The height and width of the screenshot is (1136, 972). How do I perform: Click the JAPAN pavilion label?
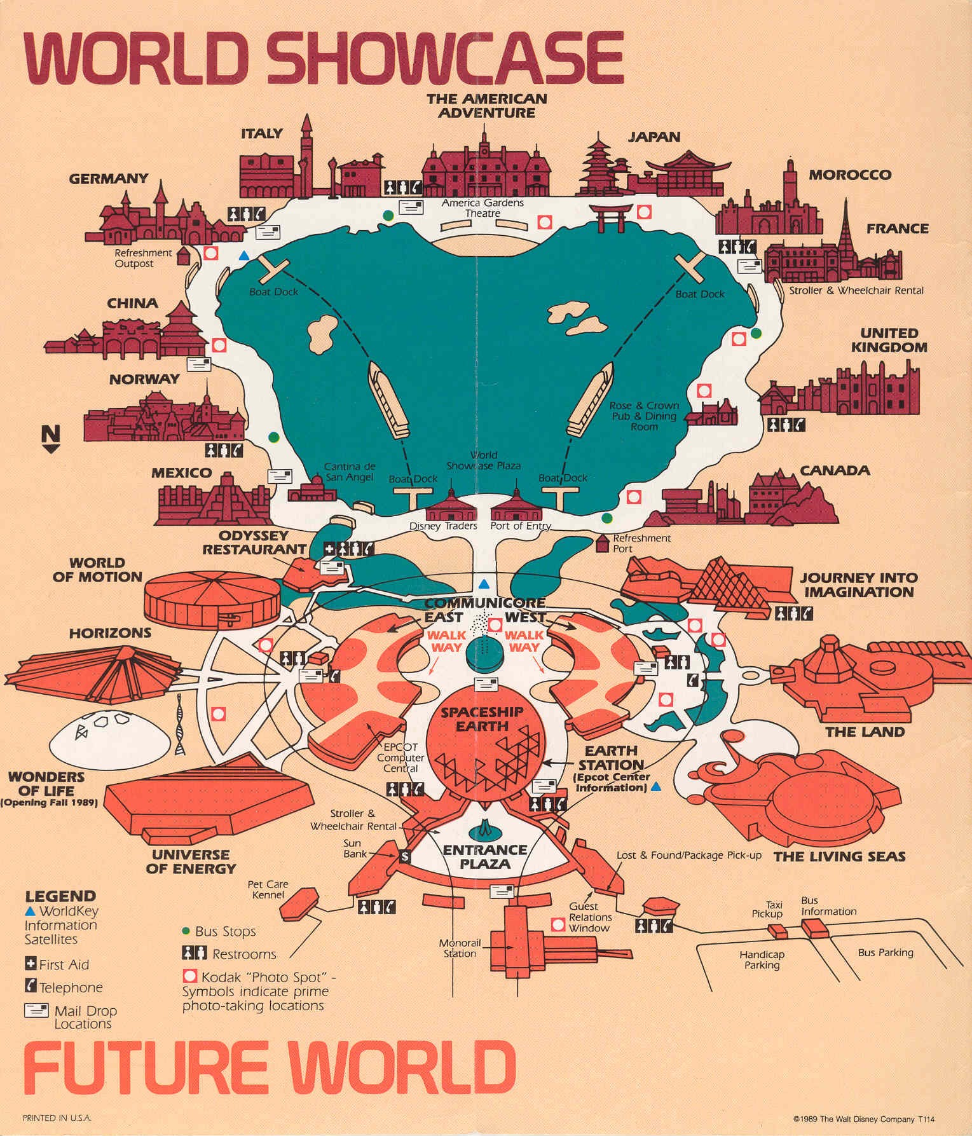[654, 137]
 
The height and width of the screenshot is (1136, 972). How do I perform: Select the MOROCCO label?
[849, 175]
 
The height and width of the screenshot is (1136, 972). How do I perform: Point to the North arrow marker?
[51, 439]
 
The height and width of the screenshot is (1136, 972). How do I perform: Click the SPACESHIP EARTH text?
[482, 718]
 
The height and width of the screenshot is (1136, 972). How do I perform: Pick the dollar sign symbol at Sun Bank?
[405, 856]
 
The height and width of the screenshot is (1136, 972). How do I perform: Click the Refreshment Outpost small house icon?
[184, 256]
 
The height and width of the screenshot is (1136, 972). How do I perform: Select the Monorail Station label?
[460, 948]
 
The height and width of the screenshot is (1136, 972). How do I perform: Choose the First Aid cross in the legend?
[31, 964]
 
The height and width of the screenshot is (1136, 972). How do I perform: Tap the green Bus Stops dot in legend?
[186, 931]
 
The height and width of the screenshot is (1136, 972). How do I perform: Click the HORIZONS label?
[110, 633]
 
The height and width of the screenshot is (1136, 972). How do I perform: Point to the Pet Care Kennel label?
[268, 889]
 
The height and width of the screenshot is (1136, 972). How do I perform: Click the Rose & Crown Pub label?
[644, 416]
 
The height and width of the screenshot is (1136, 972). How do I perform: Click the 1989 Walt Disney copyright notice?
[863, 1119]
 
